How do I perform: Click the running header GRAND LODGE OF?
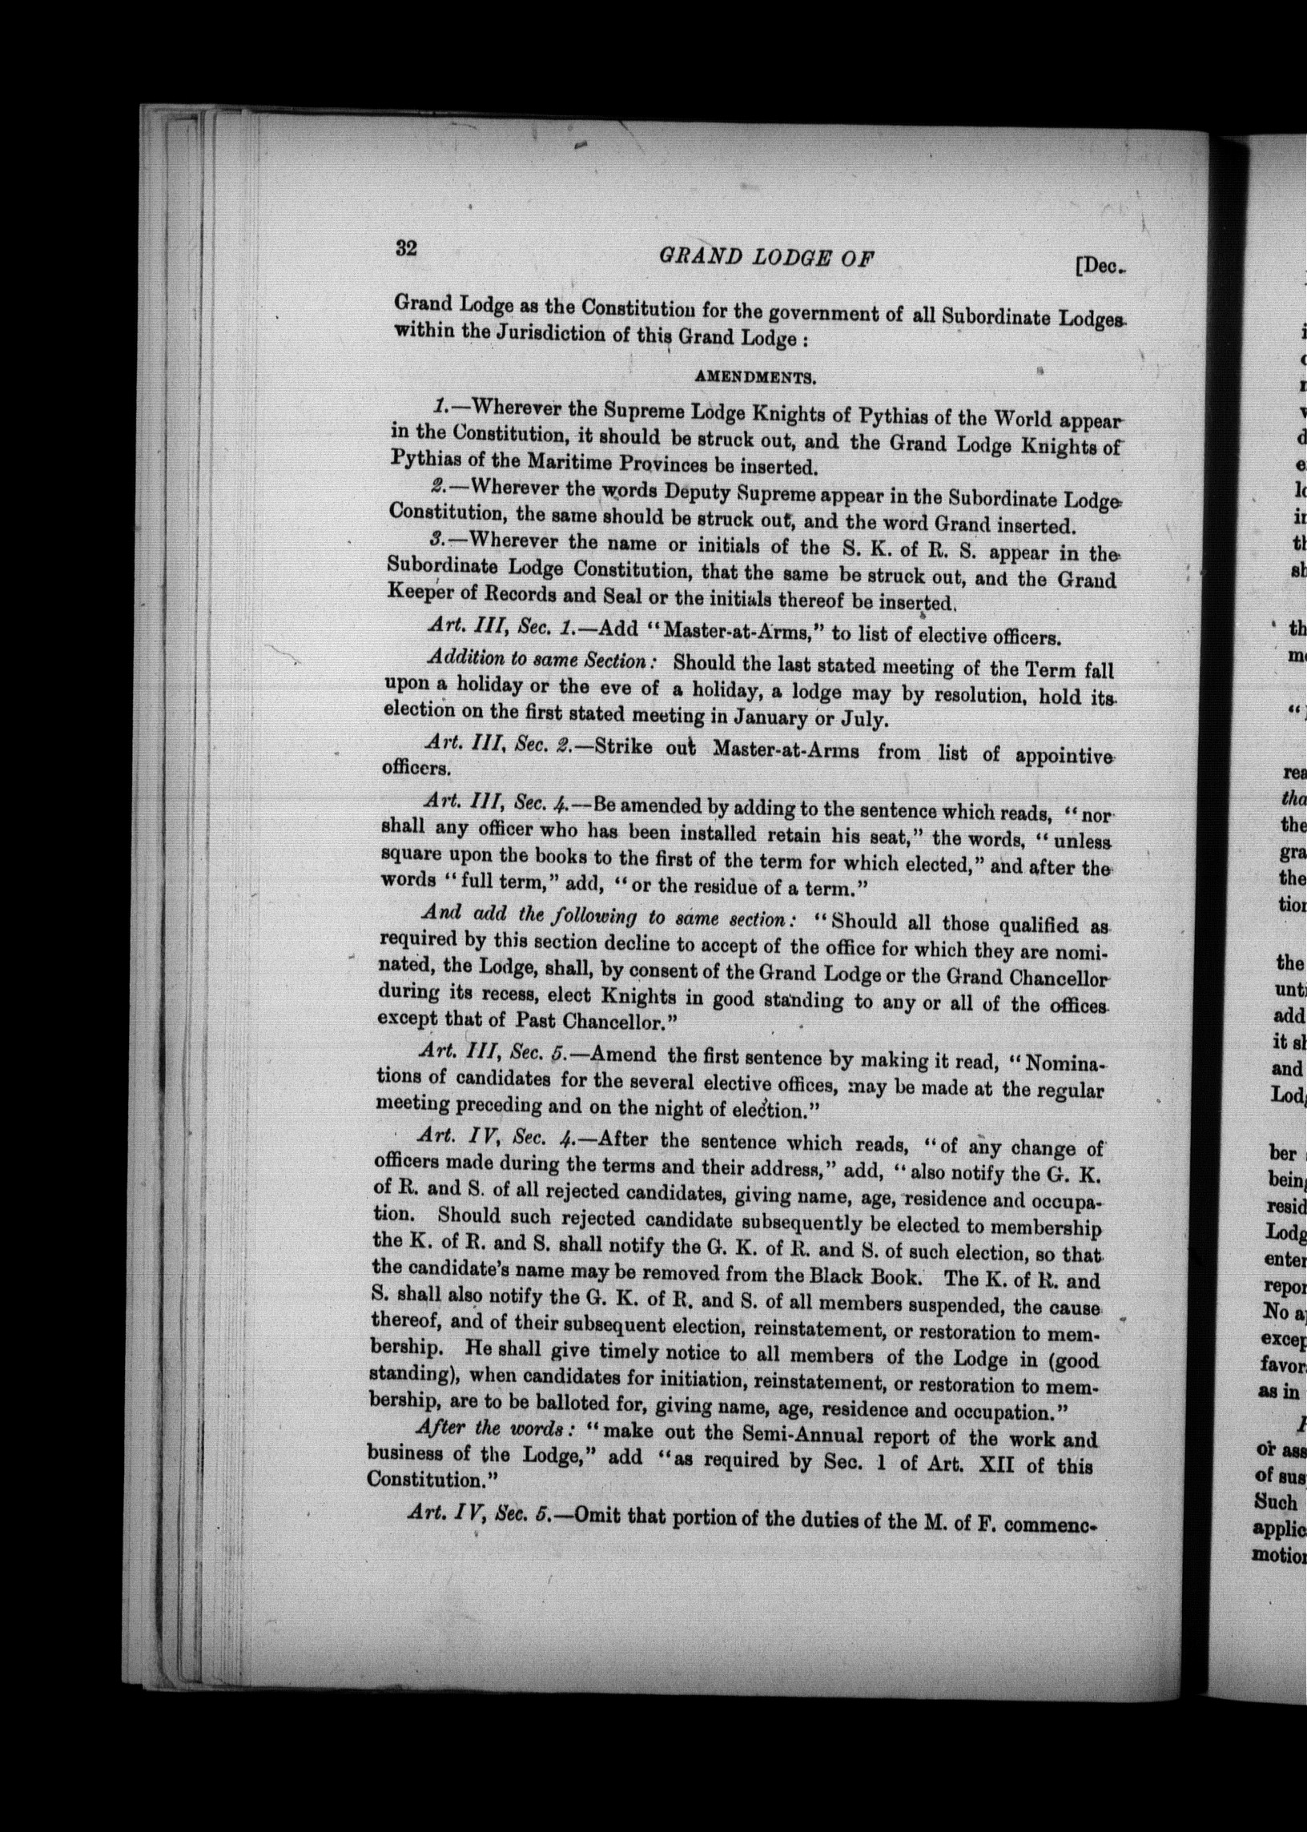pos(767,258)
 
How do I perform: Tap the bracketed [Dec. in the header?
pos(1099,267)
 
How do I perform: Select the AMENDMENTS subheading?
pos(756,376)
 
